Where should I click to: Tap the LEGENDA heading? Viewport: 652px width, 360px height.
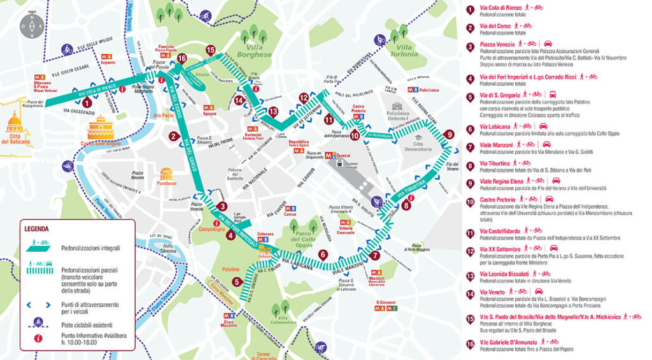[x=36, y=228]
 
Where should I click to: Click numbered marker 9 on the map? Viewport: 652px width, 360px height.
[x=450, y=134]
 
